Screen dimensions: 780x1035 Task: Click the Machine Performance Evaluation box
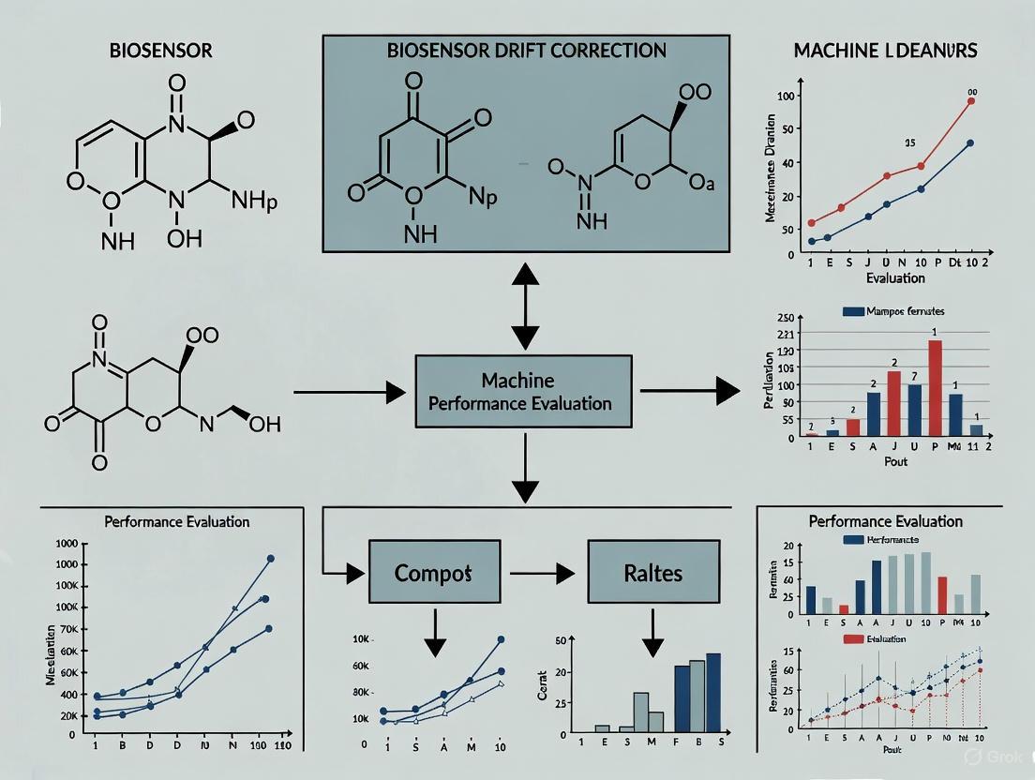tap(524, 392)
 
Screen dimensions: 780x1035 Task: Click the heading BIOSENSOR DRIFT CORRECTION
tap(526, 50)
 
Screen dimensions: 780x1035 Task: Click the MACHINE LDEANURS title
tap(886, 50)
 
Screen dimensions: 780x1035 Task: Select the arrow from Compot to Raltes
tap(539, 572)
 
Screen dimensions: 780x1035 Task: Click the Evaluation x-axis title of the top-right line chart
tap(894, 277)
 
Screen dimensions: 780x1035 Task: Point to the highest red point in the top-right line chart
tap(971, 101)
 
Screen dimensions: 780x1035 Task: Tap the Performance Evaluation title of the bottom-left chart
tap(177, 521)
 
